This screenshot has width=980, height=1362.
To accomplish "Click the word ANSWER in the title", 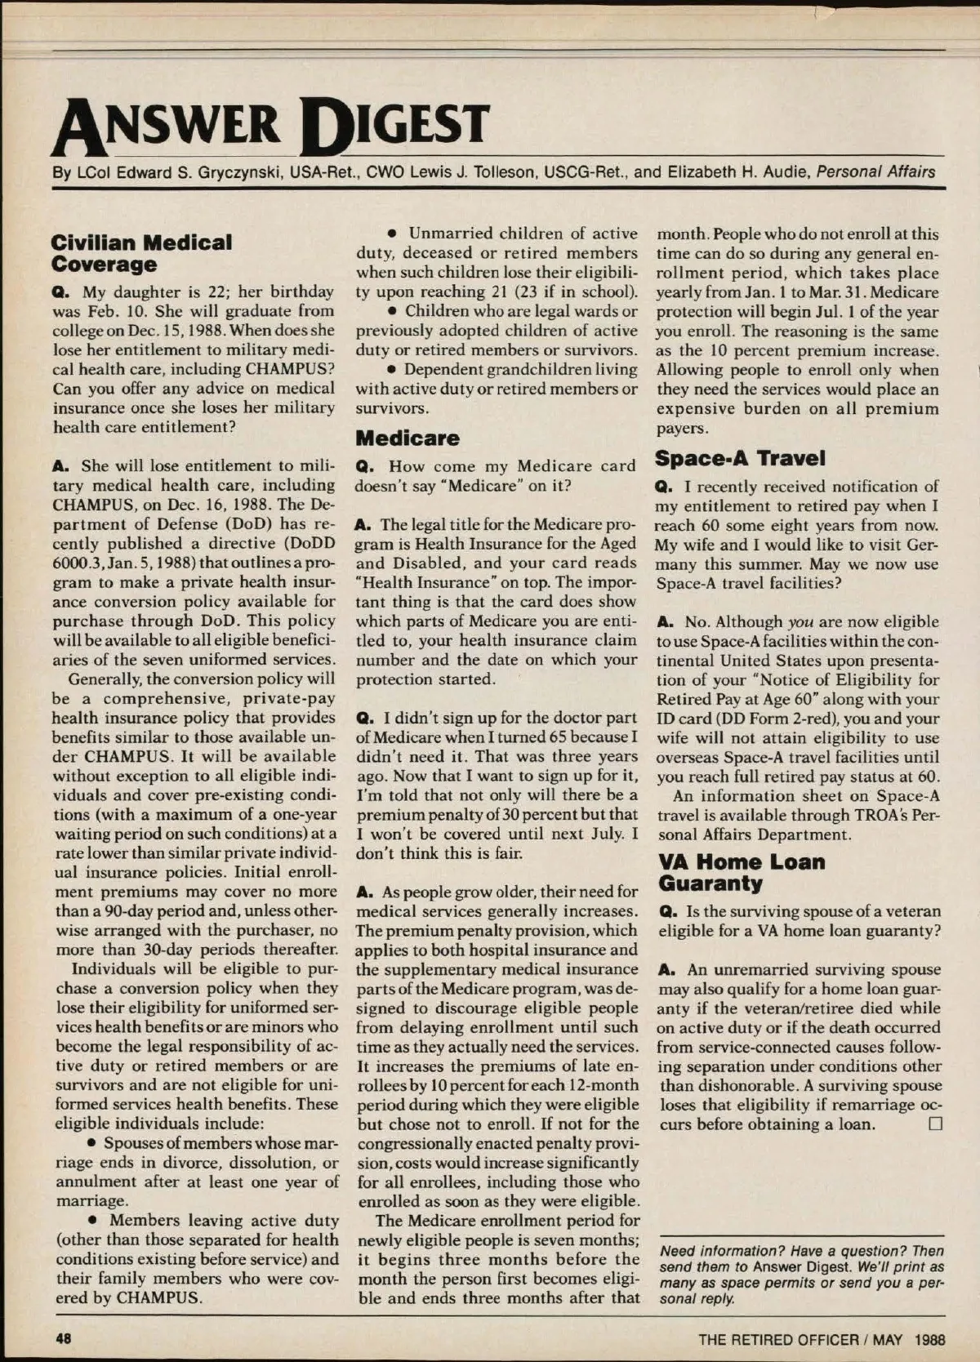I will click(167, 127).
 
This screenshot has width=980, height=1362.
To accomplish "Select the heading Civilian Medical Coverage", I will click(141, 253).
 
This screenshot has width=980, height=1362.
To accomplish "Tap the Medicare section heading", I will click(408, 438).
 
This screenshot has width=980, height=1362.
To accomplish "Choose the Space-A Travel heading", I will click(741, 459).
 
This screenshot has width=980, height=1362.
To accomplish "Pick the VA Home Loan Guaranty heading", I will click(742, 872).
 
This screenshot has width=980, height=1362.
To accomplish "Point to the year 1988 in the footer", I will click(929, 1339).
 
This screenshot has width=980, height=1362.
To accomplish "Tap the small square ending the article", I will click(935, 1124).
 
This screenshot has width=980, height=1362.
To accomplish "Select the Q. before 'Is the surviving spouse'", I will click(666, 911).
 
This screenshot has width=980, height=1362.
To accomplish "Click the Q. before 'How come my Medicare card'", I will click(365, 467).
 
